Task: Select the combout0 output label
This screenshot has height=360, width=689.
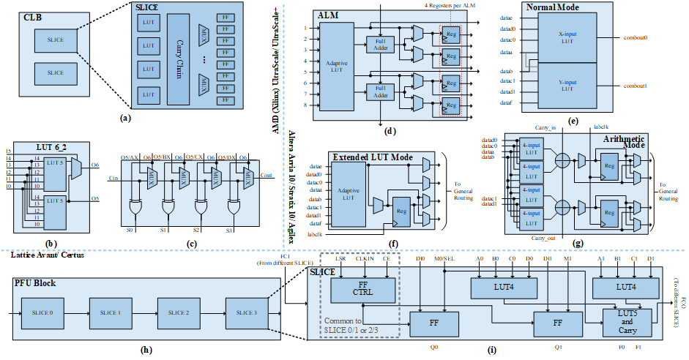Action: pyautogui.click(x=634, y=37)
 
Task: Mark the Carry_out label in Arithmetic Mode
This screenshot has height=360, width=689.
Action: pyautogui.click(x=544, y=237)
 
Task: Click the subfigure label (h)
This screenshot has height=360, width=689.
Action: pyautogui.click(x=146, y=350)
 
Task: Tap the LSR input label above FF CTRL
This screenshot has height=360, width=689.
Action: pyautogui.click(x=340, y=258)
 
